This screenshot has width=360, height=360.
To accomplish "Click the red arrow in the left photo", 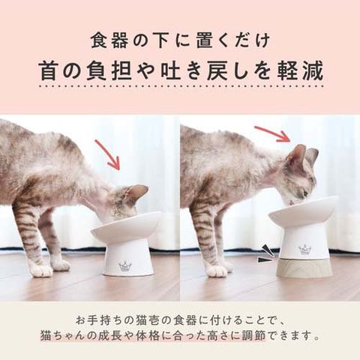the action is click(108, 154).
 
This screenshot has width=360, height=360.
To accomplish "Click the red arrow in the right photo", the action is click(273, 133).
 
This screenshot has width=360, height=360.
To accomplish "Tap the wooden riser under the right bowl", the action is click(304, 267).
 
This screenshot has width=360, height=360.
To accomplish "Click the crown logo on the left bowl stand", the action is click(124, 265).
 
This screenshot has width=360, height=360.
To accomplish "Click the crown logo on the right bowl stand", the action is click(304, 249).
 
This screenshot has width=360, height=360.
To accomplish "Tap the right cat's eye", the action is click(305, 192).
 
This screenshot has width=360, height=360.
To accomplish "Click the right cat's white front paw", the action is click(217, 272).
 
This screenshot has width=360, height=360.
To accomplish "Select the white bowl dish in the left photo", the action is click(127, 226).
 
